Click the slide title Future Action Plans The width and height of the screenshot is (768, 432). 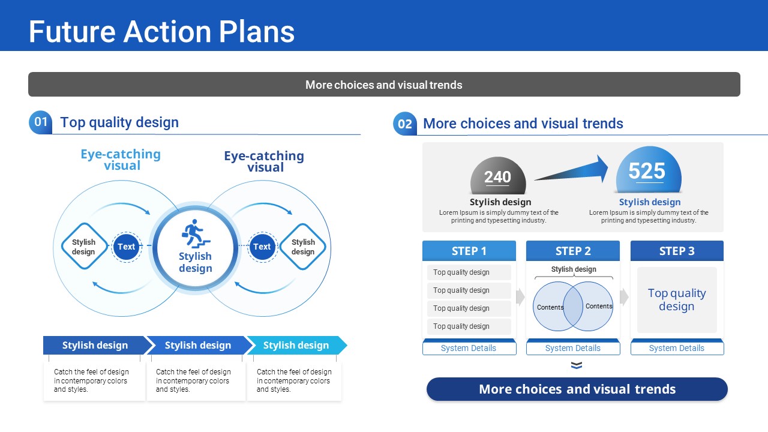tap(161, 32)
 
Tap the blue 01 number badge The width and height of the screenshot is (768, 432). tap(40, 122)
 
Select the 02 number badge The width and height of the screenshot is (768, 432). tap(405, 124)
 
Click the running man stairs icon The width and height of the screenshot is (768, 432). tap(195, 234)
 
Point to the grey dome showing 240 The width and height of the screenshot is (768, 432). tap(498, 176)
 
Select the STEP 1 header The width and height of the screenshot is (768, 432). tap(469, 251)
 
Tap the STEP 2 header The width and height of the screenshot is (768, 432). tap(573, 251)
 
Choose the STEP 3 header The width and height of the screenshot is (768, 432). tap(677, 251)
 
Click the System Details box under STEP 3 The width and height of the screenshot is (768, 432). tap(677, 348)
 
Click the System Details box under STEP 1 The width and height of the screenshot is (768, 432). tap(469, 348)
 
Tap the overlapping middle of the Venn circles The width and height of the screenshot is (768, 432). tap(573, 306)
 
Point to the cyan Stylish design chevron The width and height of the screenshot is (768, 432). tap(297, 345)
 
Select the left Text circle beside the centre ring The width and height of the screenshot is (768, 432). tap(126, 247)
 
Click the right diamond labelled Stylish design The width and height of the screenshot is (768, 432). tap(303, 247)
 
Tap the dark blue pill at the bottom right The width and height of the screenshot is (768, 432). tap(577, 389)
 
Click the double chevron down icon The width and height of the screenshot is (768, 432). tap(577, 365)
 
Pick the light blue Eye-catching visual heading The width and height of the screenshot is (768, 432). tap(121, 160)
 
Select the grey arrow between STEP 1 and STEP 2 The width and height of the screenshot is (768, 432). tap(520, 297)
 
